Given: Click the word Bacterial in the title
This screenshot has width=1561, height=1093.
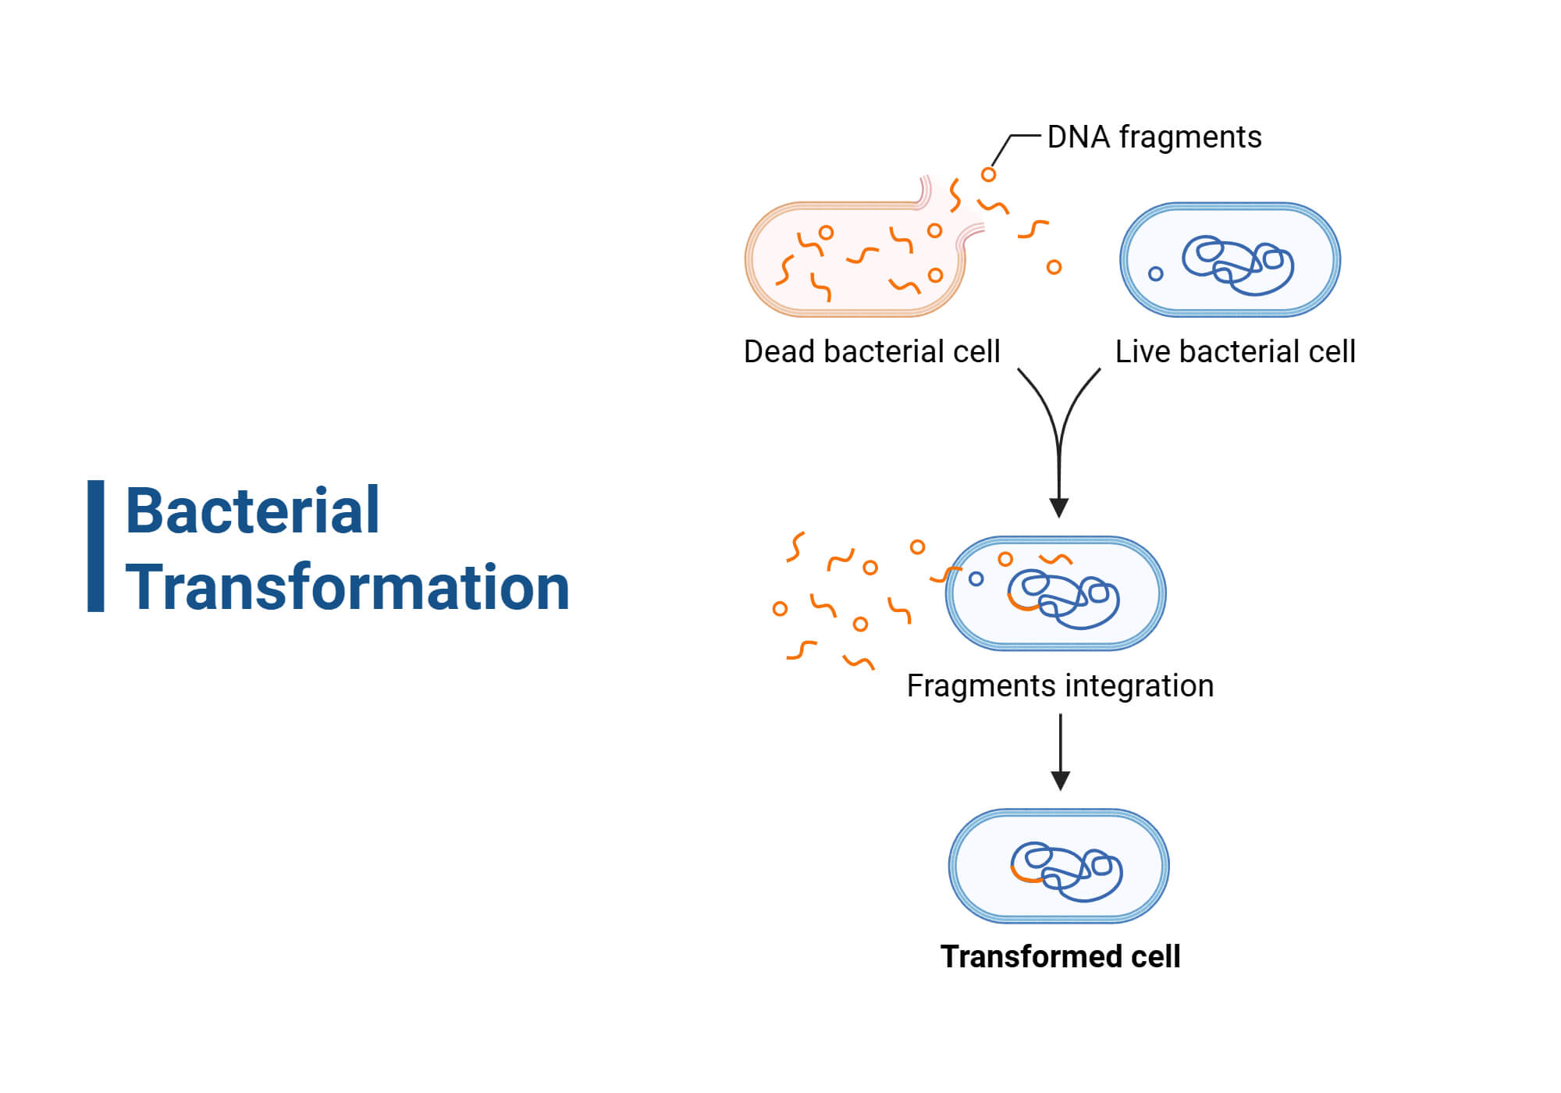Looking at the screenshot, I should [x=252, y=511].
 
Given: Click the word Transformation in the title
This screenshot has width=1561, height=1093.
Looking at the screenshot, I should [x=347, y=587].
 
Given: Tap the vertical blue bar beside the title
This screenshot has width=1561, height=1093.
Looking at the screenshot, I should [x=95, y=546].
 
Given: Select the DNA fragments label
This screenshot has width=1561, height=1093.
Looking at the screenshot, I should [x=1154, y=137].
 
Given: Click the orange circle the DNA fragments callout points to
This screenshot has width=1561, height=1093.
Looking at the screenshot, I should [x=988, y=174].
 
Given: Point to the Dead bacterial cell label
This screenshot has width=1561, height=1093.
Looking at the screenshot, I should [x=871, y=351].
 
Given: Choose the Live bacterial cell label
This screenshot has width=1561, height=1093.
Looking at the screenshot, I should [x=1235, y=351].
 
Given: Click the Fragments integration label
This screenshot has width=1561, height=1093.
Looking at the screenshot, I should [x=1060, y=685].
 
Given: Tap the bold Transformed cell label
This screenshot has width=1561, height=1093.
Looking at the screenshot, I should [x=1060, y=956].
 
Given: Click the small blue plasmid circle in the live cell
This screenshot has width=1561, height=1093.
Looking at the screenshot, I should [x=1156, y=273].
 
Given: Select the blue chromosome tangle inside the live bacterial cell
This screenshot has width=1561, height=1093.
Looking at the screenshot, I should [x=1238, y=265].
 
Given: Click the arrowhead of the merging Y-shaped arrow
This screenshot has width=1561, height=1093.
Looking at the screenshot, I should [x=1059, y=507].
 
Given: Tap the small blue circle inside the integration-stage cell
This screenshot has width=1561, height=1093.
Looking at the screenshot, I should [x=976, y=579].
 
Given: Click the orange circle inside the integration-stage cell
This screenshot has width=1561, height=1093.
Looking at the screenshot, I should [x=1005, y=558].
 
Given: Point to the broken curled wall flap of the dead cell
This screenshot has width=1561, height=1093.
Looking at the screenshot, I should [x=925, y=191].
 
